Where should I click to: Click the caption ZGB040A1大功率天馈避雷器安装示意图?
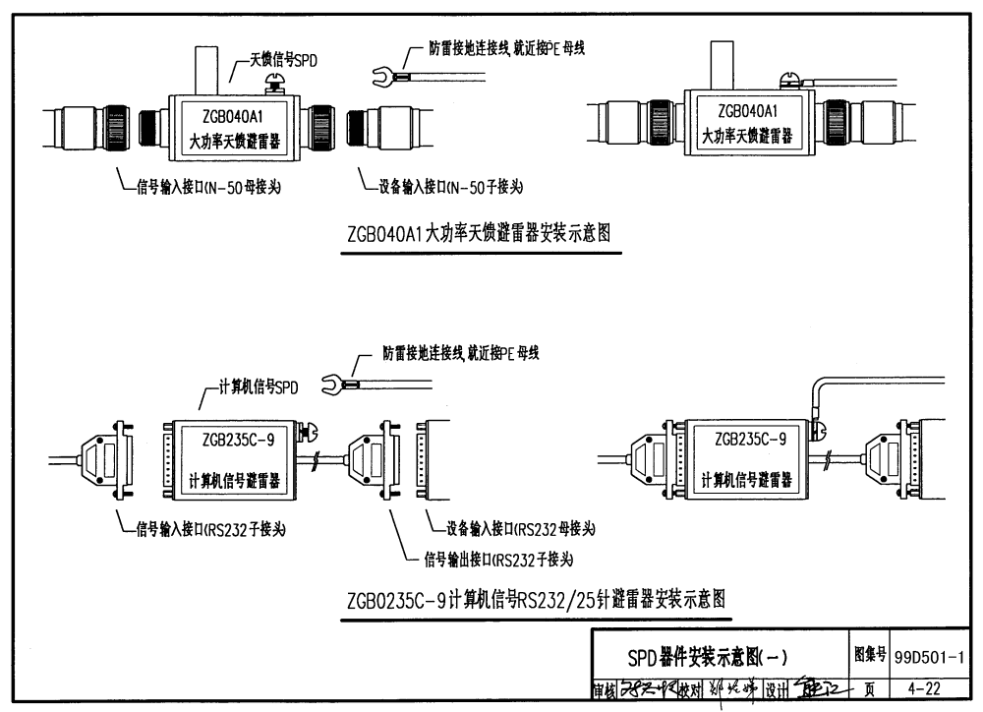[x=481, y=236]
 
